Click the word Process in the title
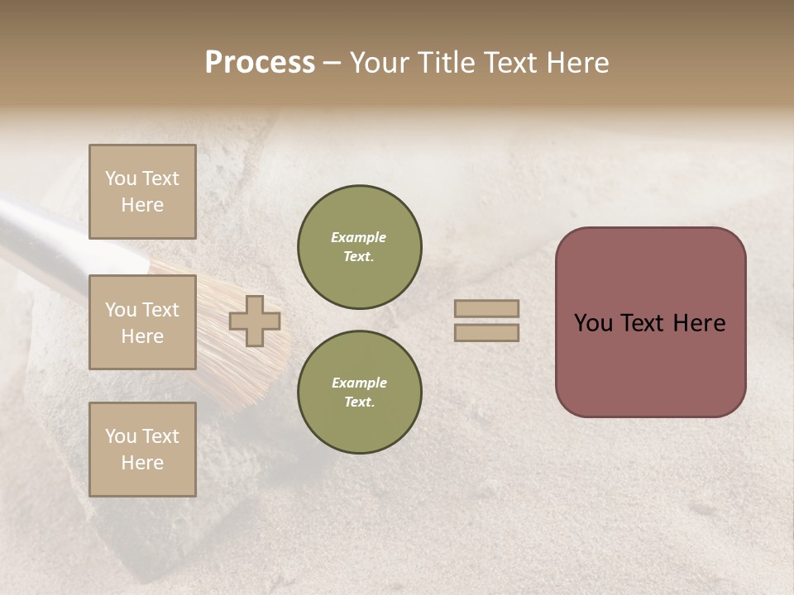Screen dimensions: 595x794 coord(260,63)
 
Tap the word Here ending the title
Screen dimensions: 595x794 coord(576,63)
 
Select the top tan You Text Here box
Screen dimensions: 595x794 coord(142,192)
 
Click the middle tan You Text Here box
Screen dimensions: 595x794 coord(142,322)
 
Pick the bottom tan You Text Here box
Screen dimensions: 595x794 coord(142,449)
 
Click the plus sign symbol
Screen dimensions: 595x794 coord(255,321)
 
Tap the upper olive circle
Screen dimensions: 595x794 coord(359,246)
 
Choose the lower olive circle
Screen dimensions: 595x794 coord(359,392)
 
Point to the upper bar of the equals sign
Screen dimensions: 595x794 coord(486,309)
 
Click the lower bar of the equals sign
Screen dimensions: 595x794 coord(486,332)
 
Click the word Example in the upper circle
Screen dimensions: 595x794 coord(359,237)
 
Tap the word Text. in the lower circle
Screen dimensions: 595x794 coord(359,402)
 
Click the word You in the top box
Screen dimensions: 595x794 coord(121,178)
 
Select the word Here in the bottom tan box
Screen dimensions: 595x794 coord(142,463)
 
